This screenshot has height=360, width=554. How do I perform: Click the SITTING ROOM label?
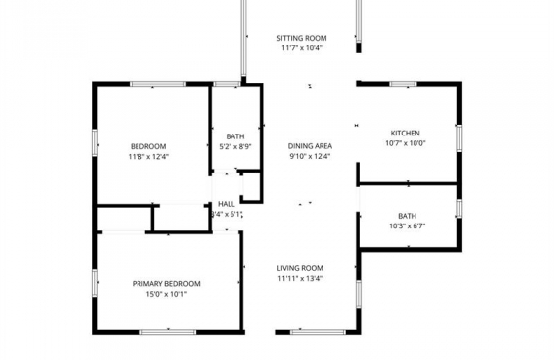pos(302,38)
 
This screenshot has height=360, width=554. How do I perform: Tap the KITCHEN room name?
pos(405,134)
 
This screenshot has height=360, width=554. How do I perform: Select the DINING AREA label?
pos(310,146)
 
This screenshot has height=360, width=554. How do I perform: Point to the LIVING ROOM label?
pos(300,268)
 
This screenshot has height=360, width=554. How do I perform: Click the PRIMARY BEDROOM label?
pos(166,284)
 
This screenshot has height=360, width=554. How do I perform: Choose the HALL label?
pos(227,204)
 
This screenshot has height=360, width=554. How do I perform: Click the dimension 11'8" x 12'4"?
pos(148,156)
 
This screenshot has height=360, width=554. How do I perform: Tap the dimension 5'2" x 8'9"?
pos(235,146)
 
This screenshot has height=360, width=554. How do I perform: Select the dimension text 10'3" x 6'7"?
pos(407,226)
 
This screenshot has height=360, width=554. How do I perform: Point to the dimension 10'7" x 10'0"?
pos(405,143)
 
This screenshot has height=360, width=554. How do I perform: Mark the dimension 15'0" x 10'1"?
pos(166,294)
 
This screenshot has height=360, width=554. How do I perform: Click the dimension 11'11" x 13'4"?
pos(300,278)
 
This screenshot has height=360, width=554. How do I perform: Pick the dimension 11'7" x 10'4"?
pos(302,48)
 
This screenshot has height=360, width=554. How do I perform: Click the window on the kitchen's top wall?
pos(404,84)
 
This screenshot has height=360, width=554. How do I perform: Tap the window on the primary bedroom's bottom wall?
pos(168,332)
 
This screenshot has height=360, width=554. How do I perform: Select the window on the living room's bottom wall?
pos(318,332)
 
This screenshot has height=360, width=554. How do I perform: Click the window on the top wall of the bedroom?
pos(157,84)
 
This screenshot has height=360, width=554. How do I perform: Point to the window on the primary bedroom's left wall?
pos(95,283)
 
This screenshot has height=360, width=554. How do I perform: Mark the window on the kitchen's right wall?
pos(459,138)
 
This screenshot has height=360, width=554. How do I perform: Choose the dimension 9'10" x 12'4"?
pos(310,156)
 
